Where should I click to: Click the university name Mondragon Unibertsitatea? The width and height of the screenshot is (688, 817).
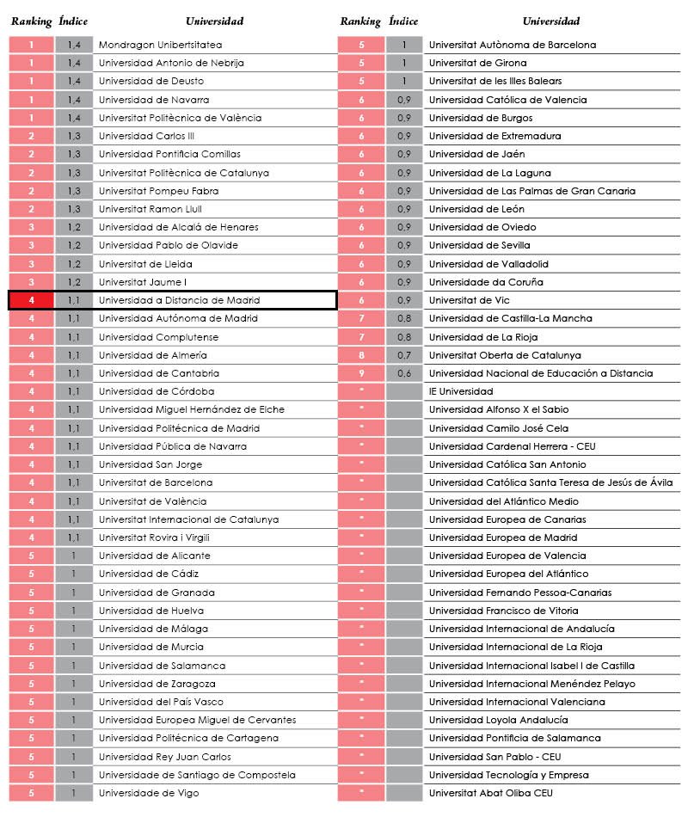click(160, 45)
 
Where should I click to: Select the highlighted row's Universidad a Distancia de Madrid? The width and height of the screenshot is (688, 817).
click(179, 300)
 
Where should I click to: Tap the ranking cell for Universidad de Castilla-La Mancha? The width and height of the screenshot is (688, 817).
click(361, 318)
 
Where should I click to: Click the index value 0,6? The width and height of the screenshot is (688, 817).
click(403, 373)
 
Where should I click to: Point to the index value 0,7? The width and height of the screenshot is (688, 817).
click(403, 355)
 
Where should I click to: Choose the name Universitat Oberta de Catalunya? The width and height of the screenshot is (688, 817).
click(505, 355)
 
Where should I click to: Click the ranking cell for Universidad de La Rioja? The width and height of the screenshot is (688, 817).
click(361, 337)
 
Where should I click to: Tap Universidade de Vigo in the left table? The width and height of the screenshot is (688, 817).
click(149, 793)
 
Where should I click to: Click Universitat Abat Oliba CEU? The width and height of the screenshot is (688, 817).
click(490, 793)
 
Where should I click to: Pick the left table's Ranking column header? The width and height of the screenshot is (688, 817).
click(31, 21)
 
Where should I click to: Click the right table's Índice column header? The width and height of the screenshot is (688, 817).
click(403, 21)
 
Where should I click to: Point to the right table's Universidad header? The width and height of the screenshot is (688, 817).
click(551, 21)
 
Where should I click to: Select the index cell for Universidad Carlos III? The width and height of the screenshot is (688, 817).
click(74, 136)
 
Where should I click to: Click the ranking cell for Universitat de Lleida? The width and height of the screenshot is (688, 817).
click(31, 264)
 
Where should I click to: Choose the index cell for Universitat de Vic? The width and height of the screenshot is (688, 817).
click(403, 300)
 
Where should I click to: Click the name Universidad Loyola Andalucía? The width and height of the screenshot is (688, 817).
click(498, 720)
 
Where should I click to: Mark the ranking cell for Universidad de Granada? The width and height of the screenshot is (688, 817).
click(31, 593)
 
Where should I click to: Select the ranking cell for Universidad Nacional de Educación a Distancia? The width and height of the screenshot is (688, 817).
click(361, 373)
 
